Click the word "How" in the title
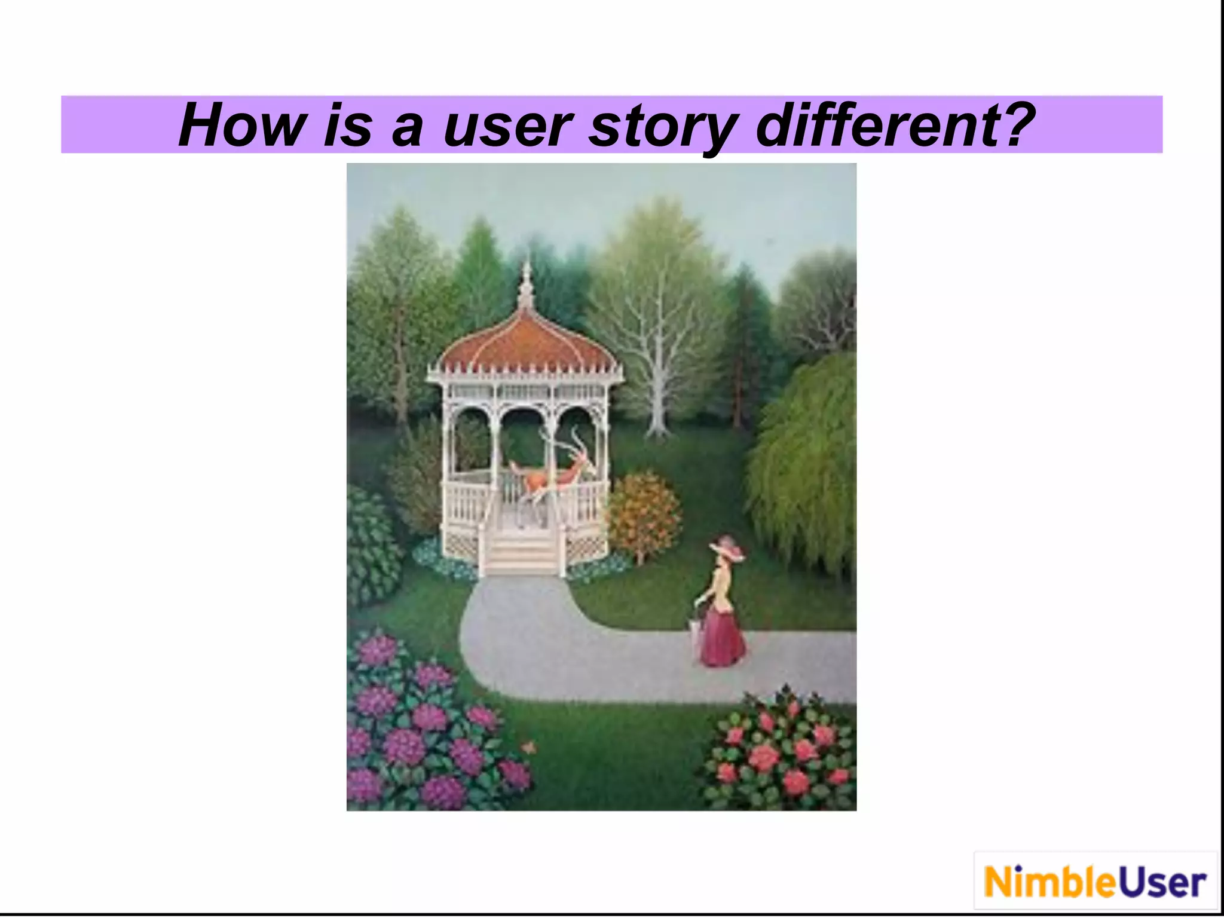tap(240, 126)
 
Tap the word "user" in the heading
tap(507, 127)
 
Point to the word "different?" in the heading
tap(895, 126)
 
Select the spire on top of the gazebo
tap(526, 281)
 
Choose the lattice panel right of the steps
tap(586, 547)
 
